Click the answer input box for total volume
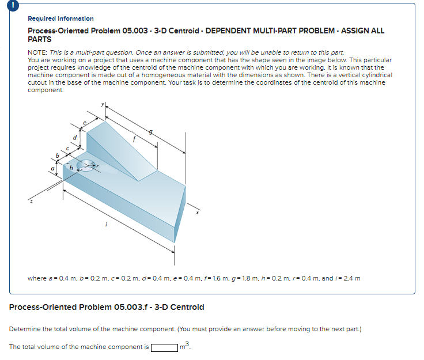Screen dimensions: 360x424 (x=164, y=347)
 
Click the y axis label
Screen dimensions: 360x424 (x=104, y=105)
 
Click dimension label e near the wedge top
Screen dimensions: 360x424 (x=85, y=123)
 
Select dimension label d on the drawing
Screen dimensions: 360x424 (x=75, y=137)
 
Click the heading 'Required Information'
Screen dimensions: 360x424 (x=60, y=18)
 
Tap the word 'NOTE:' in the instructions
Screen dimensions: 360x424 (x=38, y=52)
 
